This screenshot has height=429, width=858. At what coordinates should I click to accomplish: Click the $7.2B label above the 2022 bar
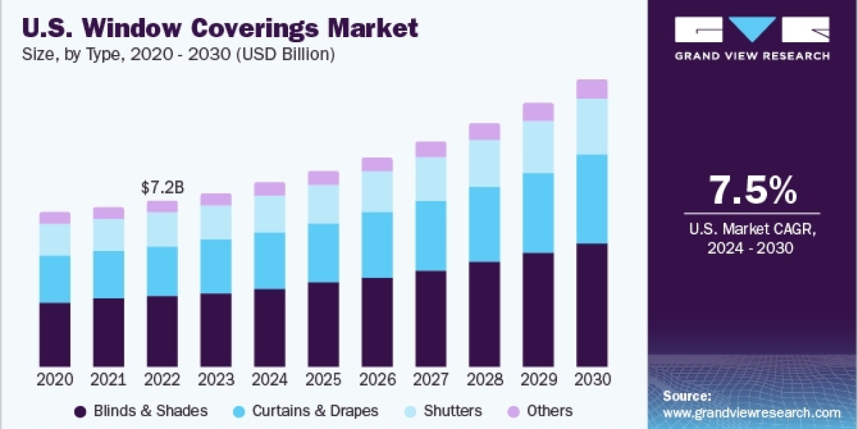point(162,188)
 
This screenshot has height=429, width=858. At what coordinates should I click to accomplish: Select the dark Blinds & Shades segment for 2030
point(592,305)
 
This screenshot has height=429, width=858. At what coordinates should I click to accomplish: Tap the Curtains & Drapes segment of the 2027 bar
point(431,236)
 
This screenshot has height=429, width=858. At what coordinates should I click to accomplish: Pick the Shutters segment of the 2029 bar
point(538,147)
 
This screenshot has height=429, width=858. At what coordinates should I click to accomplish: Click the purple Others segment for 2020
point(55,218)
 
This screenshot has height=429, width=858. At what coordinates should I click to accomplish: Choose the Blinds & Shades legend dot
point(81,411)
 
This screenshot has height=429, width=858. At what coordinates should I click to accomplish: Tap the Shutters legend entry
point(452,411)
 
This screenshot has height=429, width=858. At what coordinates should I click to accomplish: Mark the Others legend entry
point(549,411)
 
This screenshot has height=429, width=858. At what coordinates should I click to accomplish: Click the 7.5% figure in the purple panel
point(752,191)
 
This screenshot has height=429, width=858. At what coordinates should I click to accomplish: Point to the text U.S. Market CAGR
point(752,230)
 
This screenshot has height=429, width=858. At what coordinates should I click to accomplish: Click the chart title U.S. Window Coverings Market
point(220,29)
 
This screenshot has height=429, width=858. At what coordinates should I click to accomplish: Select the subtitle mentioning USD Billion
point(179,54)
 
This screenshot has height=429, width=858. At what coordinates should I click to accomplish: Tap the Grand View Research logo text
point(752,56)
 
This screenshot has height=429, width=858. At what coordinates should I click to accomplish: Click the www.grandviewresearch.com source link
point(751,413)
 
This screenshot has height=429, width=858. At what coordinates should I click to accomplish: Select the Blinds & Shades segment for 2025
point(324,325)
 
